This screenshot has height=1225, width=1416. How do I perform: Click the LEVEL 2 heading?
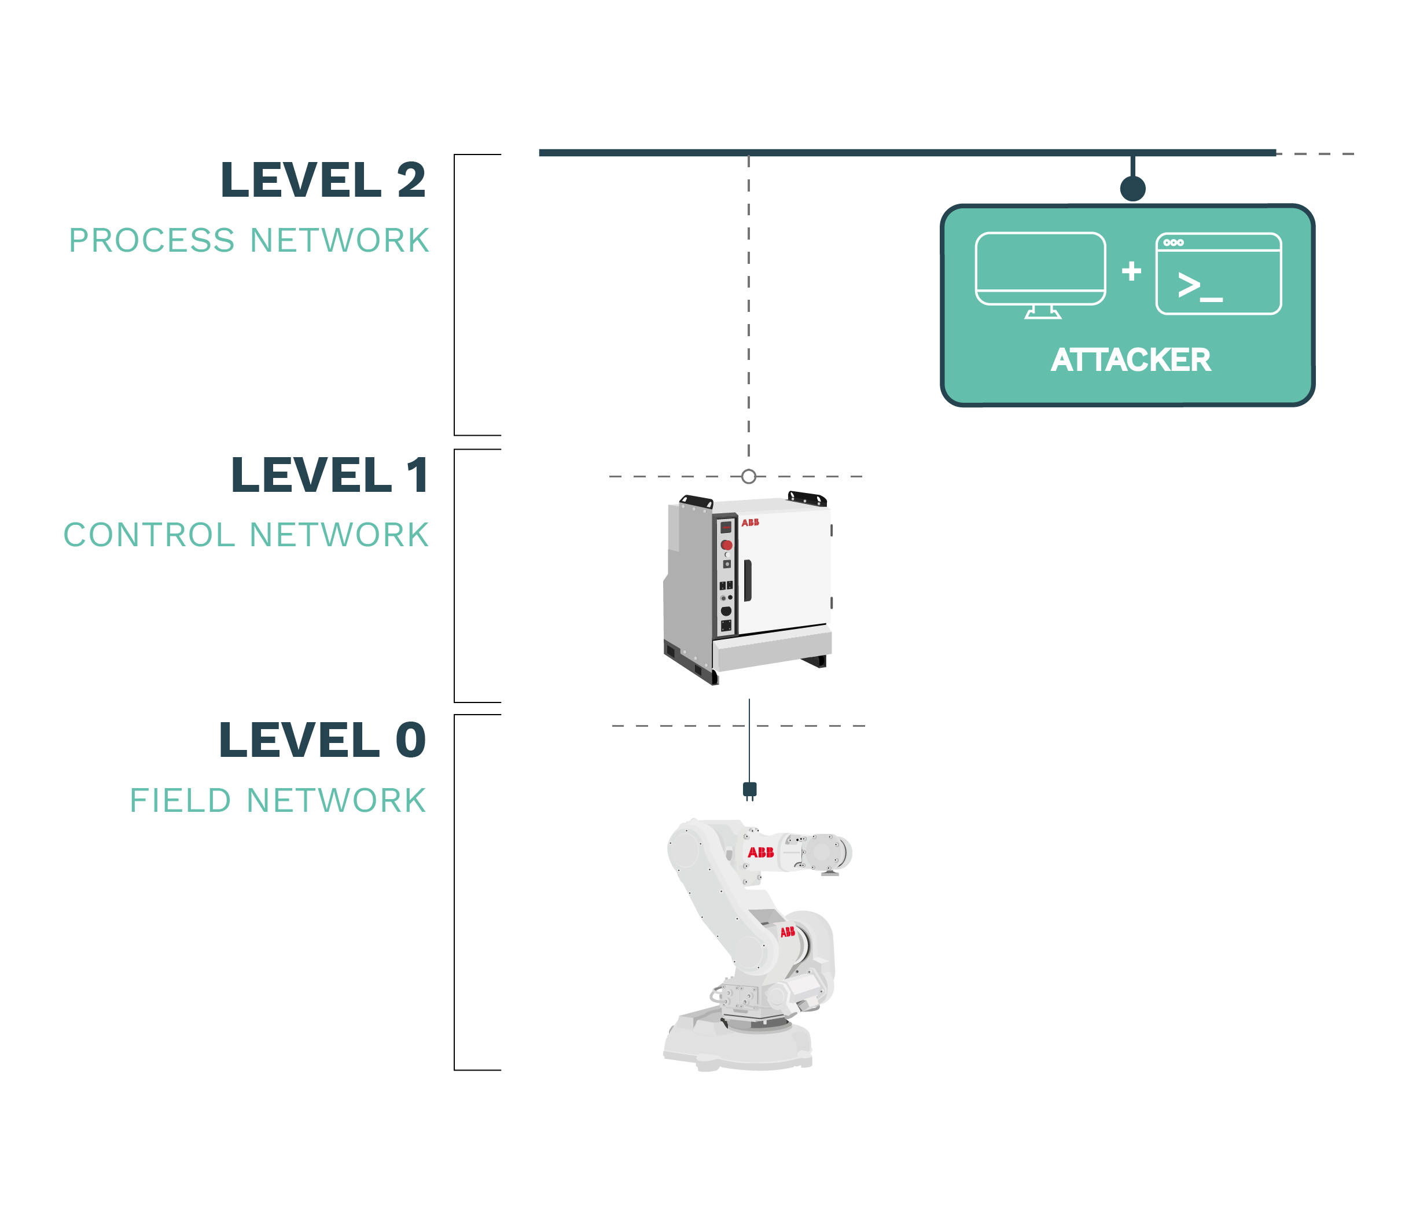[323, 180]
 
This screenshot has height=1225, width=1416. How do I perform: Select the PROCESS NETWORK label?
[249, 241]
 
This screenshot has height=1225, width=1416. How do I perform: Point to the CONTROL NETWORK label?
[246, 535]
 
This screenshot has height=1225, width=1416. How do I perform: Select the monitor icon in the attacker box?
[1040, 275]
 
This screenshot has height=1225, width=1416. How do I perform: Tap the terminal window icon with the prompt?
[1219, 274]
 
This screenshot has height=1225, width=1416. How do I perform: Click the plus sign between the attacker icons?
[1131, 271]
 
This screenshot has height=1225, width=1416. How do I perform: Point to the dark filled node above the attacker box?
[1133, 188]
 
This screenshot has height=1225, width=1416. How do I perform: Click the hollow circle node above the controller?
[749, 476]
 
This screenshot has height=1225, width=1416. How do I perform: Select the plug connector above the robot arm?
[749, 791]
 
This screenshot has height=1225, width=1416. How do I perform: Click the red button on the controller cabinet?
[727, 545]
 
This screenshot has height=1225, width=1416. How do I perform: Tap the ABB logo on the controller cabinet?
[750, 523]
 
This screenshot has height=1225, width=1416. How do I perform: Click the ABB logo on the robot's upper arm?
[760, 852]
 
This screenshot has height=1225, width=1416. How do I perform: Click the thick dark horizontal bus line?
[907, 152]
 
